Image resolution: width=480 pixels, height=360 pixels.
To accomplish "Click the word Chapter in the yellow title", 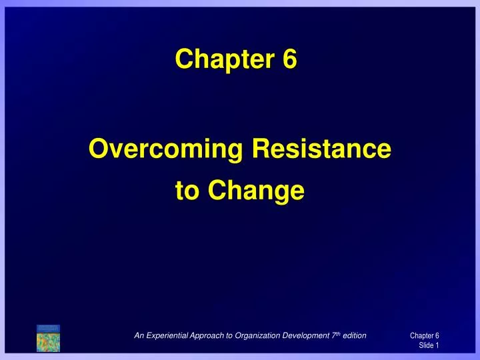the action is coord(225,59).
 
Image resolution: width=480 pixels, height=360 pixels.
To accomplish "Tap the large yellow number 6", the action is coord(289,59).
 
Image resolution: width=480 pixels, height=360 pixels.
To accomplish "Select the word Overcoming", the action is coord(165,149).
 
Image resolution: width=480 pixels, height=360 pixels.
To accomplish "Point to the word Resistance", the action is coord(321,148).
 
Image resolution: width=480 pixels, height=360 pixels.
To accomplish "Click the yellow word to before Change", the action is coord(187,191).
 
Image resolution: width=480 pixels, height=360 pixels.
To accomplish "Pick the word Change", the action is coord(256,191).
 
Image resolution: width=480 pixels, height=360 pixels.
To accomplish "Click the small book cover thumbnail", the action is coord(48,338).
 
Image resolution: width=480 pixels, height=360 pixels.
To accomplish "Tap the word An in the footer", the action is coord(139,335).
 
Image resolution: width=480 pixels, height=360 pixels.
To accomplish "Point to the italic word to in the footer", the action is coord(229,336).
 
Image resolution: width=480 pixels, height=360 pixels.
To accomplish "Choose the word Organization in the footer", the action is coord(257,336).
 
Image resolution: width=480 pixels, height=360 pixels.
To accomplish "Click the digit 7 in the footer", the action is coord(334,335).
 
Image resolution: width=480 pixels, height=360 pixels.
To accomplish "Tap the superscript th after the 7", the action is coord(338,334).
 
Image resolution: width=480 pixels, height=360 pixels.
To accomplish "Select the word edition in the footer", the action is coord(355,335).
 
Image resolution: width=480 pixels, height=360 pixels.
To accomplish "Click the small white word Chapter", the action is coord(421,336).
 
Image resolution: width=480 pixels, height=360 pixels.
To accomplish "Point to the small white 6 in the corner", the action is coord(437,335).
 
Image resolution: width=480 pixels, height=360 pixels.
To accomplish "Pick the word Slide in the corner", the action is coord(426,345).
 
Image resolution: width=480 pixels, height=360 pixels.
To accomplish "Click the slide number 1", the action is coord(437,345).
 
